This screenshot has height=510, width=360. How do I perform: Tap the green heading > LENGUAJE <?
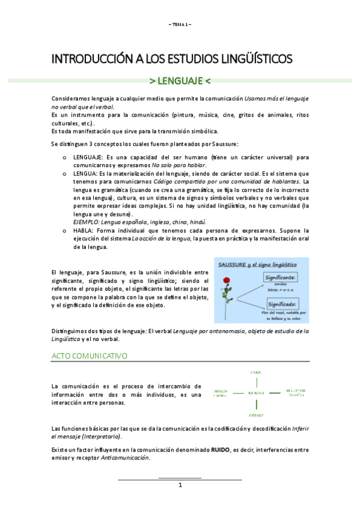(x=180, y=81)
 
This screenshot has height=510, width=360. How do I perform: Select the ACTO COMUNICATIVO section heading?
(x=90, y=356)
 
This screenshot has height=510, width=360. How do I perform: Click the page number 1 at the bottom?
(x=180, y=485)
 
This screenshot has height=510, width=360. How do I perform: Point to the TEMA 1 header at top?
(x=180, y=24)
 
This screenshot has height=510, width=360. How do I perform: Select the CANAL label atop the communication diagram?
(x=255, y=372)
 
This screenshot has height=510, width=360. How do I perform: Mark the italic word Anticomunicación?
(x=126, y=458)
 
